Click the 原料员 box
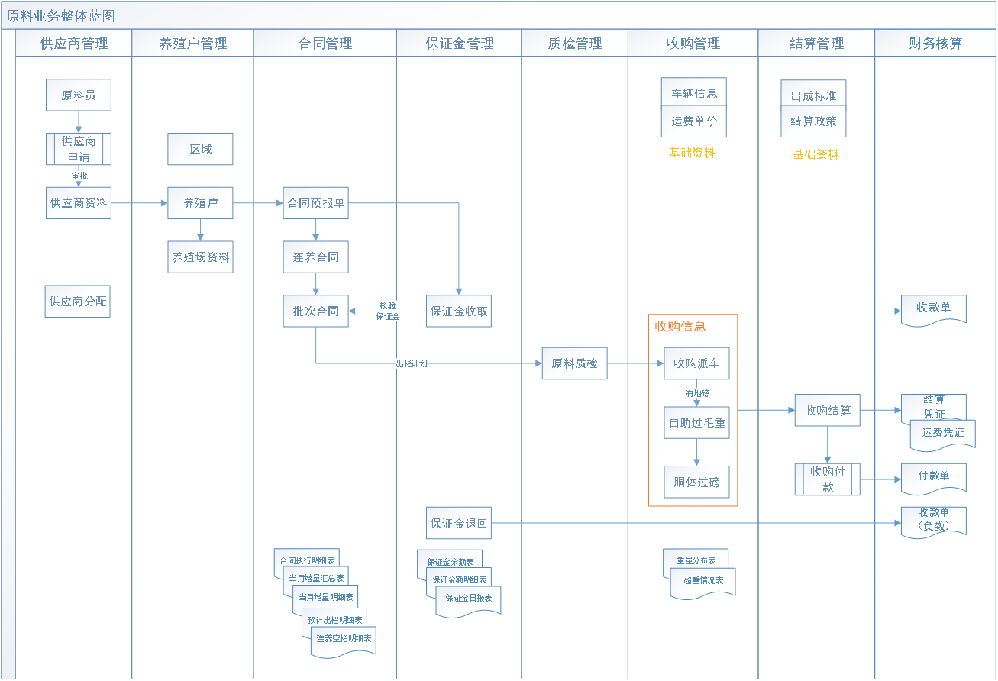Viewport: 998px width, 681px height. [x=78, y=95]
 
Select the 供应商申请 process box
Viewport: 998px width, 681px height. [x=78, y=149]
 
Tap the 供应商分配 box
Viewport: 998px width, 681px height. [x=78, y=302]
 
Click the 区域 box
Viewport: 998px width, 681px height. [x=200, y=150]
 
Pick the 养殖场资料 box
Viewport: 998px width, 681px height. [x=200, y=257]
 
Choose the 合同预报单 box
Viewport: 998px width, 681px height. [x=315, y=203]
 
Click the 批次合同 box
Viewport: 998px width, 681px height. [x=315, y=311]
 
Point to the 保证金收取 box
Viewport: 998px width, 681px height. [x=458, y=311]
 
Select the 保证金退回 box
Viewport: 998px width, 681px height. [x=458, y=524]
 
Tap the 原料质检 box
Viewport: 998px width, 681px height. [x=574, y=363]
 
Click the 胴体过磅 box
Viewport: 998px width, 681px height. [x=696, y=482]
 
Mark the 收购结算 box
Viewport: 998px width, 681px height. [x=827, y=410]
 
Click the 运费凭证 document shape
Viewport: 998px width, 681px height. [x=943, y=434]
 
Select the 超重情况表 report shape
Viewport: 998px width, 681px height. [x=703, y=582]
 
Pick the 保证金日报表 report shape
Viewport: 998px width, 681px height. [x=469, y=599]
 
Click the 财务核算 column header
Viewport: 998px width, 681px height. [x=935, y=44]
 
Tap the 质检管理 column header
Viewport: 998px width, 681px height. [x=574, y=44]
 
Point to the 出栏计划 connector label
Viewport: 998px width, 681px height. [x=411, y=364]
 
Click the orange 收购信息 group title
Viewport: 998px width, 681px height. [x=680, y=327]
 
